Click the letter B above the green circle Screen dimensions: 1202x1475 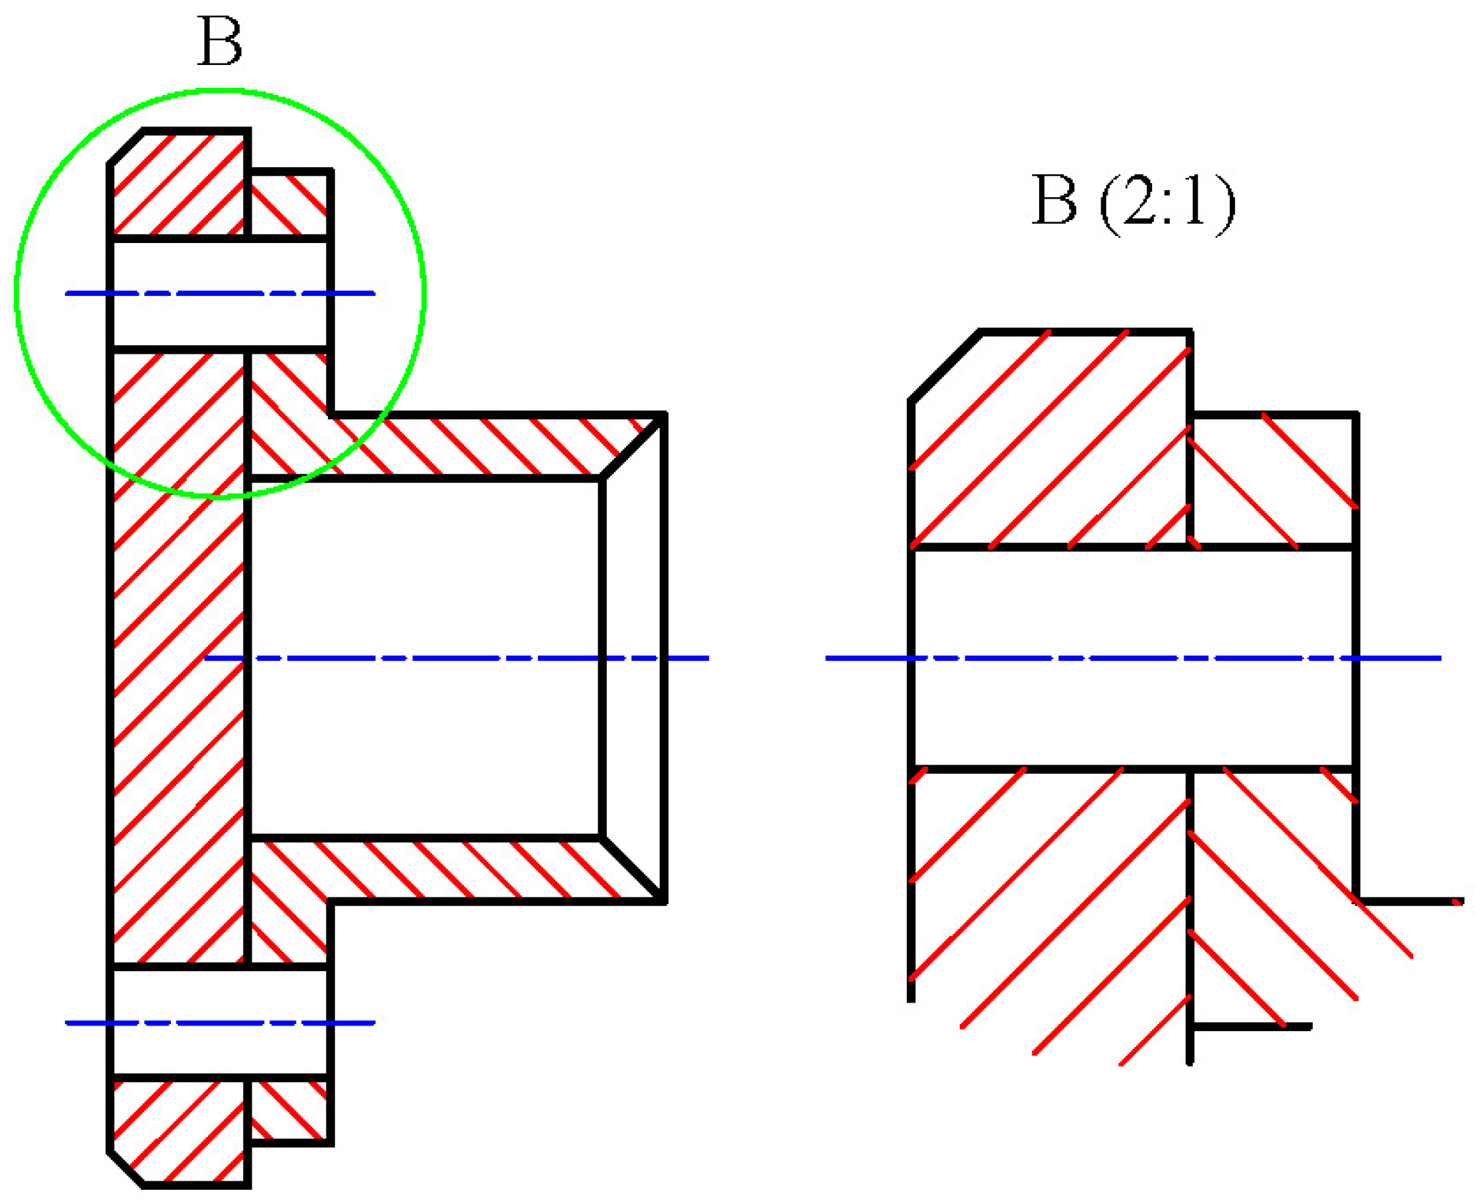tap(219, 41)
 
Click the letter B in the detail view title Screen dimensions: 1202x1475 tap(1053, 201)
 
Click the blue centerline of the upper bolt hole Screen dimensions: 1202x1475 tap(214, 293)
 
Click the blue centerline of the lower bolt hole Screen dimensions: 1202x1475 tap(214, 1023)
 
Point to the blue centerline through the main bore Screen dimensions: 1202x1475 tap(457, 657)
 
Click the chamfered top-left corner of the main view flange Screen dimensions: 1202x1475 tap(126, 147)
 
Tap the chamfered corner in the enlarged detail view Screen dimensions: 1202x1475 tap(944, 366)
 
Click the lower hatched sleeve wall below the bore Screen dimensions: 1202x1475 tap(465, 869)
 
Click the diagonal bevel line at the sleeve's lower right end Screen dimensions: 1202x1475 tap(633, 869)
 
